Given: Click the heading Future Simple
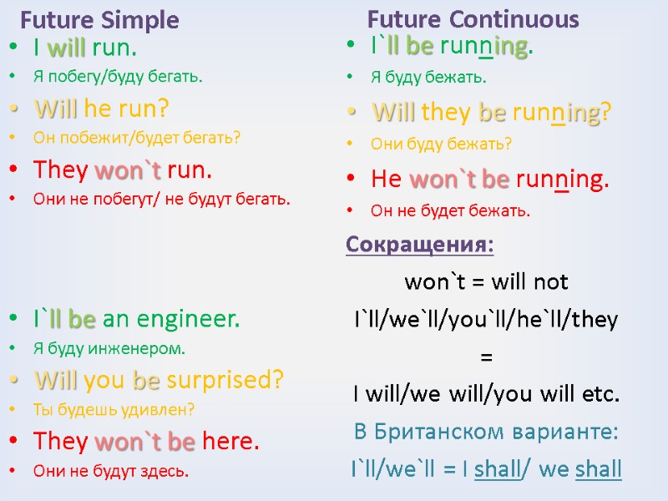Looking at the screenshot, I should click(99, 19).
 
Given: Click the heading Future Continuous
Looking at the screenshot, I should click(473, 18).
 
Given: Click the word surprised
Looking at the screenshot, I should click(225, 380).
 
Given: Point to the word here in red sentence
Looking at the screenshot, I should click(230, 440).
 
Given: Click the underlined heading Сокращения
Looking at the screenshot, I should click(419, 246).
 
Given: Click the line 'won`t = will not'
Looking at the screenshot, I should click(486, 282).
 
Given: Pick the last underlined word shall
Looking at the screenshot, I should click(598, 468).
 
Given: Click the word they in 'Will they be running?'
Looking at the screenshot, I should click(448, 112).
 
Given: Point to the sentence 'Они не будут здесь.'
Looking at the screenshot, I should click(111, 471).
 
